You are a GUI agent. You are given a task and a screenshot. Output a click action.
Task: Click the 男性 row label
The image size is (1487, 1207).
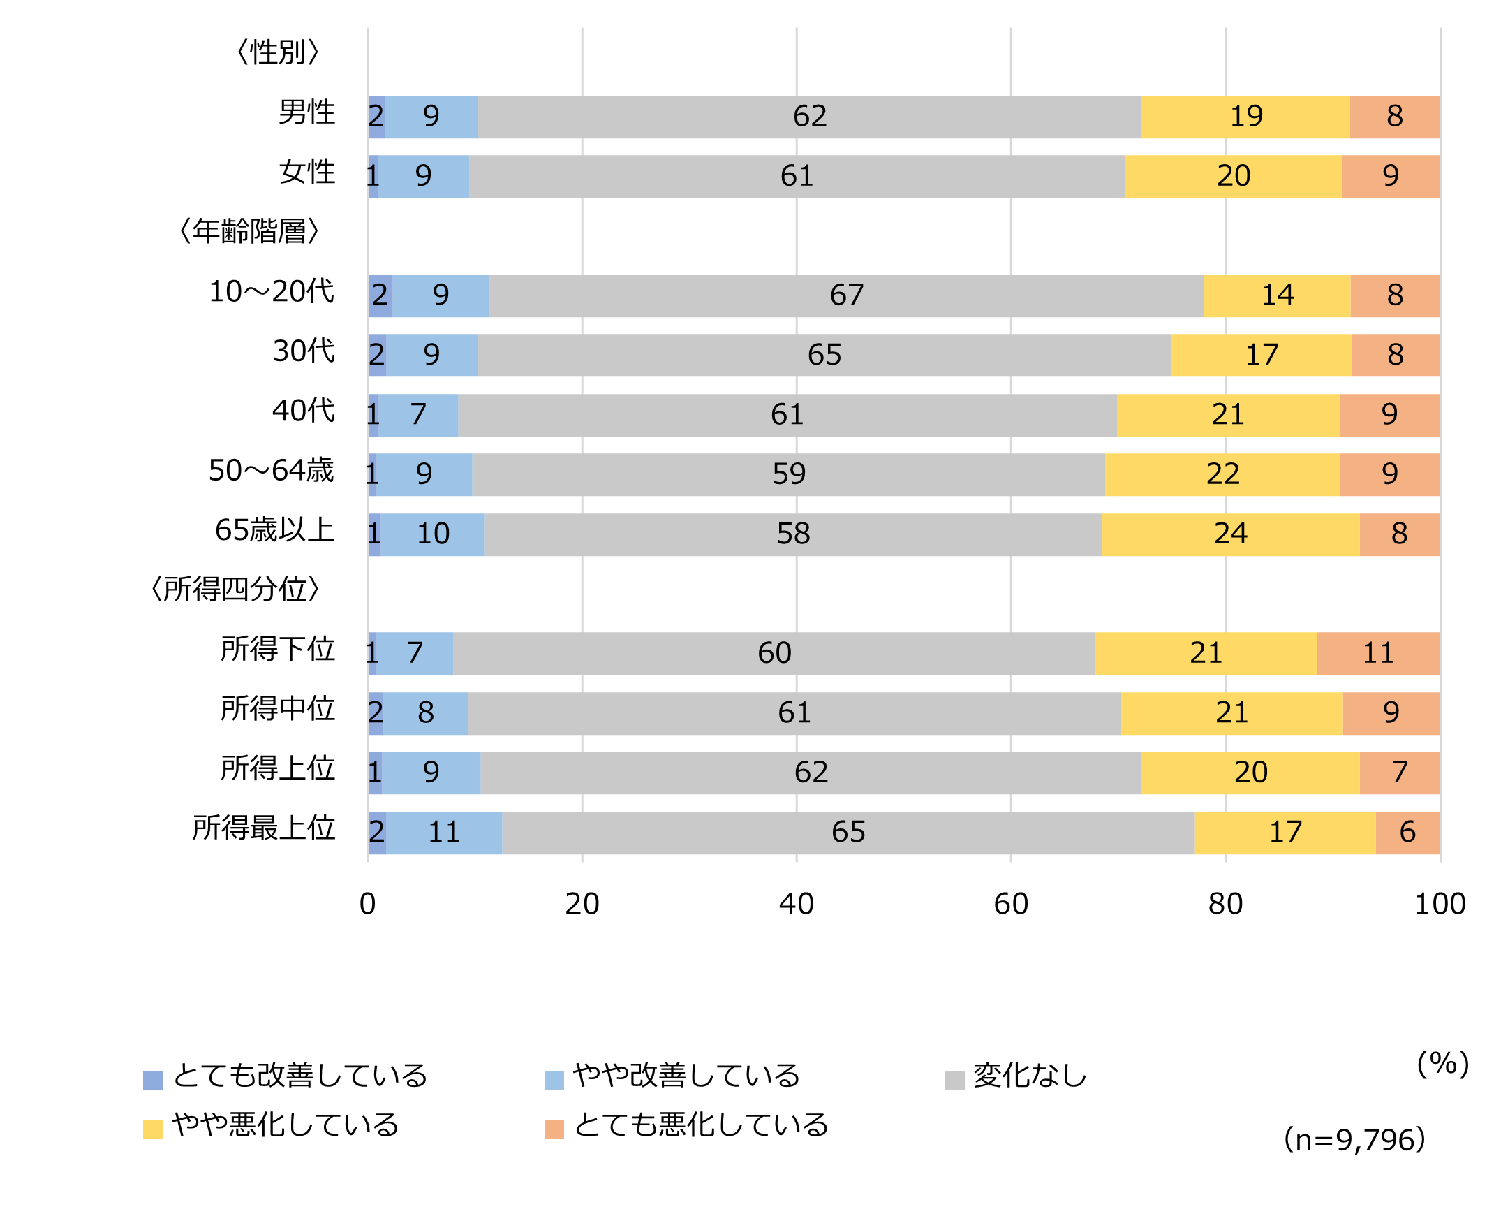[x=306, y=112]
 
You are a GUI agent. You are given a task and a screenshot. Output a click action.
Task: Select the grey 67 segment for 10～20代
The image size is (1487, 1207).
[x=846, y=295]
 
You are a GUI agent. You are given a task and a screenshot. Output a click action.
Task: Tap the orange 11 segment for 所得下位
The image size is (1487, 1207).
[x=1378, y=653]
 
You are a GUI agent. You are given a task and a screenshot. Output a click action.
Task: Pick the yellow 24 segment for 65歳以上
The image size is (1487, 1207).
[x=1230, y=534]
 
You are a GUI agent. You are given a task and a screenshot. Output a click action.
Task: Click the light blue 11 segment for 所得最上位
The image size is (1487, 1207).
[x=444, y=832]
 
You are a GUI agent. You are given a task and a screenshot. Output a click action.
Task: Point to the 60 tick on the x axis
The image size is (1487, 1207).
[x=1011, y=904]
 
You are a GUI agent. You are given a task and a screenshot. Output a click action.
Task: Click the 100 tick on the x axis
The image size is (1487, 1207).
[x=1440, y=904]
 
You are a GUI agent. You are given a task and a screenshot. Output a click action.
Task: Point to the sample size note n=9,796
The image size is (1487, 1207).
[x=1354, y=1139]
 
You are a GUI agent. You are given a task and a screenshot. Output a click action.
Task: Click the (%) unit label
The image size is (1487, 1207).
[x=1442, y=1063]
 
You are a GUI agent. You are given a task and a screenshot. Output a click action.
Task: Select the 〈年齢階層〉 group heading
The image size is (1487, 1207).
[x=249, y=231]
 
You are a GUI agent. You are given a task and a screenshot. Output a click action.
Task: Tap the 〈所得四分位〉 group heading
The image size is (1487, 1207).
[x=235, y=589]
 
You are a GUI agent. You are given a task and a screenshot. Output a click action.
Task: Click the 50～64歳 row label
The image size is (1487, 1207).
[x=272, y=471]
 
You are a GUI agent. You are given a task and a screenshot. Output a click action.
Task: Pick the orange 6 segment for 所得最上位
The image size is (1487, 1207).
[x=1407, y=832]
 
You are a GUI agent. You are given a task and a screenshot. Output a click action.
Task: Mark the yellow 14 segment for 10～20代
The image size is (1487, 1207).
[x=1277, y=295]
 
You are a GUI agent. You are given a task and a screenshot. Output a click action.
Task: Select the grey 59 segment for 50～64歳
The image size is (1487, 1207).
[x=788, y=474]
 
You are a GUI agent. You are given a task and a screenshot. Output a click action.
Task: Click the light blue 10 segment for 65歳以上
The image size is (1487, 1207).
[x=433, y=534]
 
